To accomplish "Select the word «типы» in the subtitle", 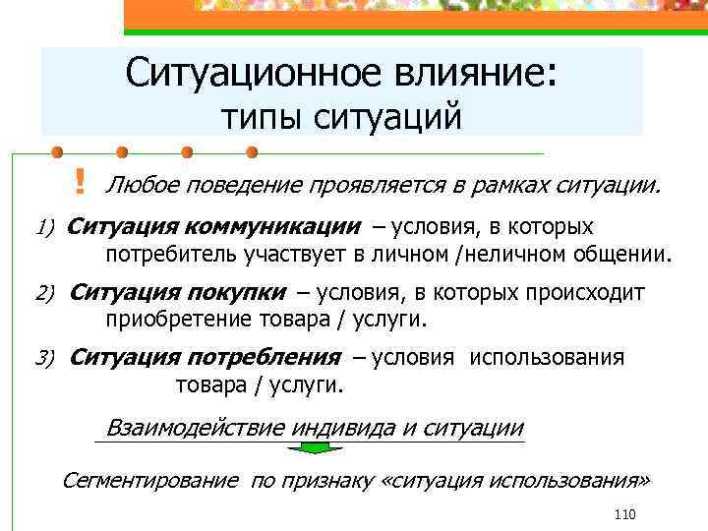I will click(263, 117).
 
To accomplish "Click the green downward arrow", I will click(314, 449).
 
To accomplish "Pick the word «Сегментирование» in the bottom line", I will click(149, 480).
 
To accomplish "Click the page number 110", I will click(624, 514).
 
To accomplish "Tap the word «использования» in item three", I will click(547, 357).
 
